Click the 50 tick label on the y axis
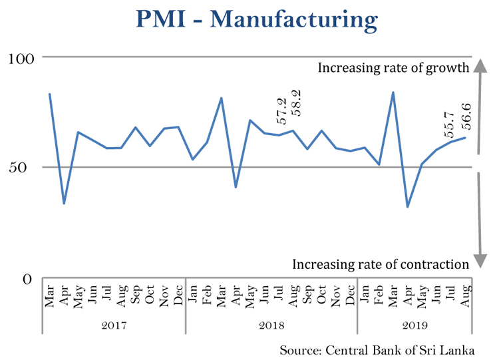pyautogui.click(x=25, y=167)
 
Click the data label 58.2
pyautogui.click(x=296, y=103)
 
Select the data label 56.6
pyautogui.click(x=466, y=114)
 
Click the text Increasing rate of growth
pyautogui.click(x=394, y=67)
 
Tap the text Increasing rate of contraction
pyautogui.click(x=381, y=264)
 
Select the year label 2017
pyautogui.click(x=114, y=325)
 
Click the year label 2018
pyautogui.click(x=271, y=325)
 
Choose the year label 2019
pyautogui.click(x=415, y=325)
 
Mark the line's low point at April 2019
pyautogui.click(x=407, y=206)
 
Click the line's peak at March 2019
pyautogui.click(x=393, y=92)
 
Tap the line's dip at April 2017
pyautogui.click(x=64, y=203)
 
